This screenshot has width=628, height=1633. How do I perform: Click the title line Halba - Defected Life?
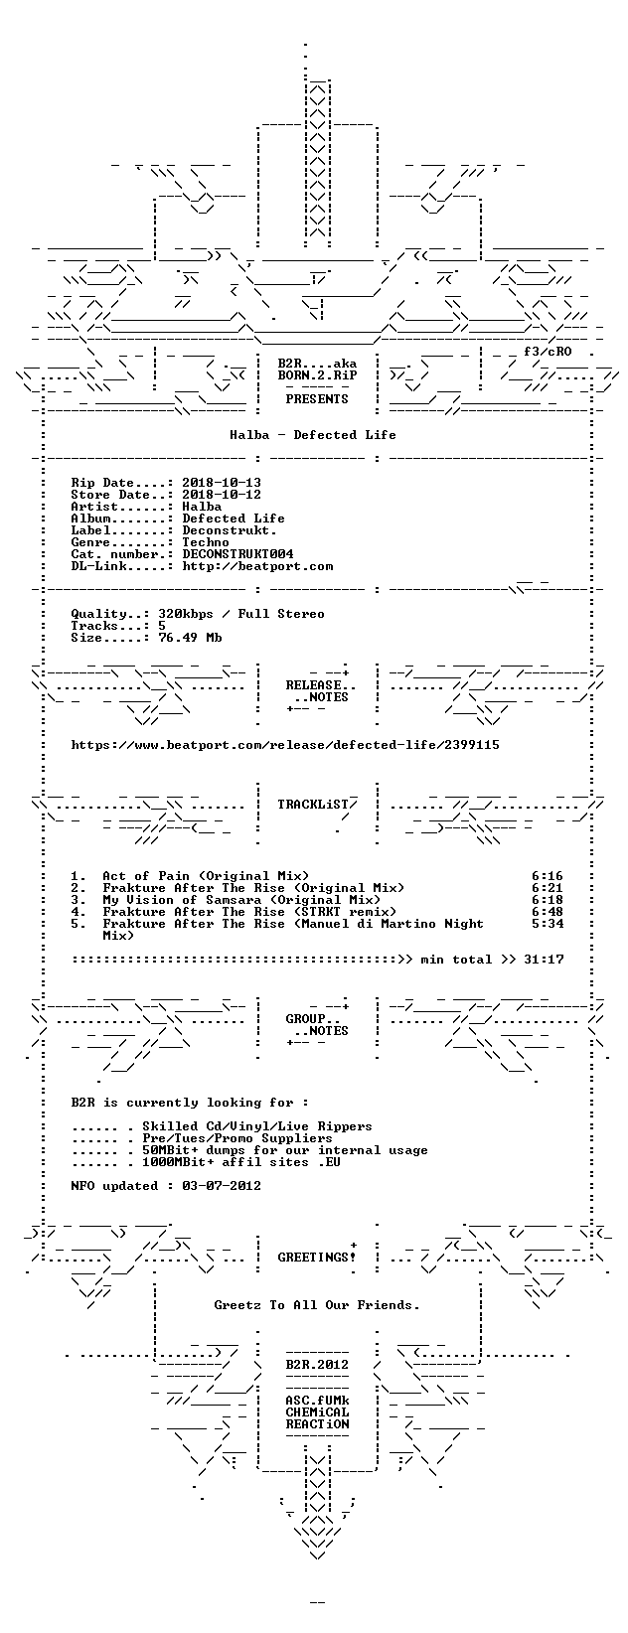tap(313, 435)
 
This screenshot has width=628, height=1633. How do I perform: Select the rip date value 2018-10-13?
tap(222, 483)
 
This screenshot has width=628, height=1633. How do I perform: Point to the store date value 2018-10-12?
tap(222, 495)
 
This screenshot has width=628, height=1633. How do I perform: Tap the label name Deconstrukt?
tap(230, 530)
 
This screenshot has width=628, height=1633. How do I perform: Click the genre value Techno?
tap(206, 542)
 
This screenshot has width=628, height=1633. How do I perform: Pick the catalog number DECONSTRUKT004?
tap(237, 554)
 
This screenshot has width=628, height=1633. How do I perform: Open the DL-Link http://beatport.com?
tap(257, 566)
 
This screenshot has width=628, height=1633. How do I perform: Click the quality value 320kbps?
tap(186, 614)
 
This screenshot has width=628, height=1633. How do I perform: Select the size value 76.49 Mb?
tap(191, 637)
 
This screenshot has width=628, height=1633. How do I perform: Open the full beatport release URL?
tap(285, 745)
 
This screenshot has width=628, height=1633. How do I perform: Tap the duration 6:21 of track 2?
tap(548, 888)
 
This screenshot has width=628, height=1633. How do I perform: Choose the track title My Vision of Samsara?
tap(183, 900)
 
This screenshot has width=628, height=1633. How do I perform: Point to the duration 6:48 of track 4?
tap(548, 912)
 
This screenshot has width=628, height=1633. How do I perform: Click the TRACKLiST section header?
tap(313, 805)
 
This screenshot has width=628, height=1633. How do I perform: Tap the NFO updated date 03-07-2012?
tap(222, 1186)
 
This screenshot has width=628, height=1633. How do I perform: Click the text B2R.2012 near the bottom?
tap(317, 1365)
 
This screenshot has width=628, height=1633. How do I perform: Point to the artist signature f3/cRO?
tap(548, 352)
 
